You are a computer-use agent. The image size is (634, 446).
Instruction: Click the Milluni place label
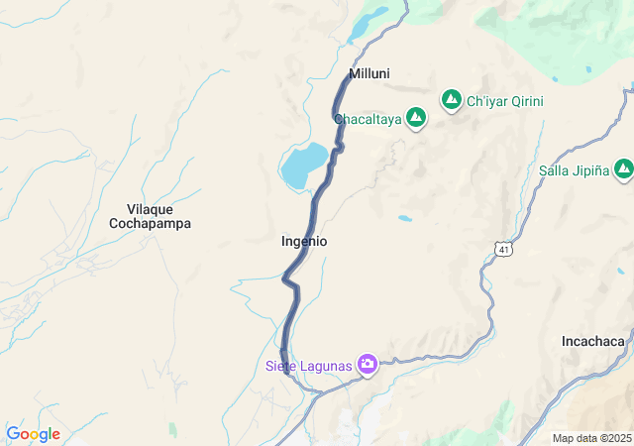370,74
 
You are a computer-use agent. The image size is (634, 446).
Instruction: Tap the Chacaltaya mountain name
368,120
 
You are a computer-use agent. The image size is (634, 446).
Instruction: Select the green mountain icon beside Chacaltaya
416,119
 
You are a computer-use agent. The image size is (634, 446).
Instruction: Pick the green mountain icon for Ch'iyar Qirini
452,100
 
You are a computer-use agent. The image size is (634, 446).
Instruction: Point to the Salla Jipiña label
574,170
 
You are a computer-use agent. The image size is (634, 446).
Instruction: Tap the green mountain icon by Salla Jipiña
623,170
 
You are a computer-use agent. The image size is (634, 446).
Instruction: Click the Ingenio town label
304,241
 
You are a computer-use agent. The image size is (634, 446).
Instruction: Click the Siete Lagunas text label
308,366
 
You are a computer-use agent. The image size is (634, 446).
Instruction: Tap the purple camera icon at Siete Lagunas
368,365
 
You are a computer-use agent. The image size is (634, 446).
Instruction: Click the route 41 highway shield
504,250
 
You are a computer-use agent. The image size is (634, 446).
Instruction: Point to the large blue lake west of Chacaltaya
304,165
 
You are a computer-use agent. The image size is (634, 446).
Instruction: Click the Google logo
33,434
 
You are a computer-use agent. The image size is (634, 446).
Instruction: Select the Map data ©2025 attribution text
591,438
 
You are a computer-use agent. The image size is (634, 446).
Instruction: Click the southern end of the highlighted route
285,371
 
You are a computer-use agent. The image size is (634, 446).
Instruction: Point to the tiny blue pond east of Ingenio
404,217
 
